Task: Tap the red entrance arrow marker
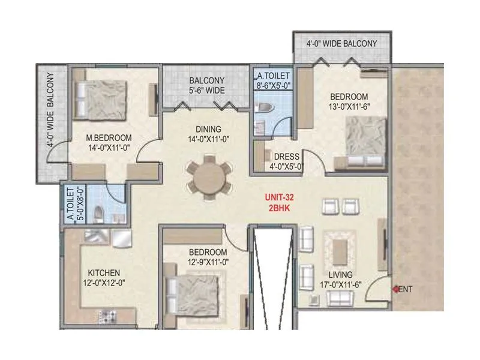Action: pyautogui.click(x=396, y=289)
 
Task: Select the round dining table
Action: pyautogui.click(x=207, y=177)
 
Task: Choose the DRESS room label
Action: pyautogui.click(x=286, y=157)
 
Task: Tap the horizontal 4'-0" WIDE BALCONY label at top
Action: pyautogui.click(x=341, y=44)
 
